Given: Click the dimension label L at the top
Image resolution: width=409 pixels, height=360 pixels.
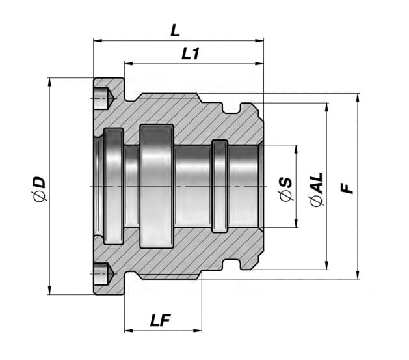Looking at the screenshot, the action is (x=175, y=31).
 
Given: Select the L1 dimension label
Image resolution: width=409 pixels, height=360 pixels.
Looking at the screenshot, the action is (x=191, y=54).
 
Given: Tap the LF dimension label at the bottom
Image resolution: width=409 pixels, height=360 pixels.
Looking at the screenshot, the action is (x=161, y=320).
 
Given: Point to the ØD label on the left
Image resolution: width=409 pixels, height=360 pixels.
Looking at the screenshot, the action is (x=39, y=189).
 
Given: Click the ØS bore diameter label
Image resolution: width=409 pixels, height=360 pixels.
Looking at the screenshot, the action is (x=285, y=189).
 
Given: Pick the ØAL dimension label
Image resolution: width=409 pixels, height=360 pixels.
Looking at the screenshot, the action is (x=317, y=189).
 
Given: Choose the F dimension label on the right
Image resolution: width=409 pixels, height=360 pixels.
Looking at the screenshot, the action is (x=347, y=188).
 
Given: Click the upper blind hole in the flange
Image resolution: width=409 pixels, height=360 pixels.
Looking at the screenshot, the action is (x=103, y=98).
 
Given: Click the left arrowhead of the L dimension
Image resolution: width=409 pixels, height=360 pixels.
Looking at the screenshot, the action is (x=98, y=40).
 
